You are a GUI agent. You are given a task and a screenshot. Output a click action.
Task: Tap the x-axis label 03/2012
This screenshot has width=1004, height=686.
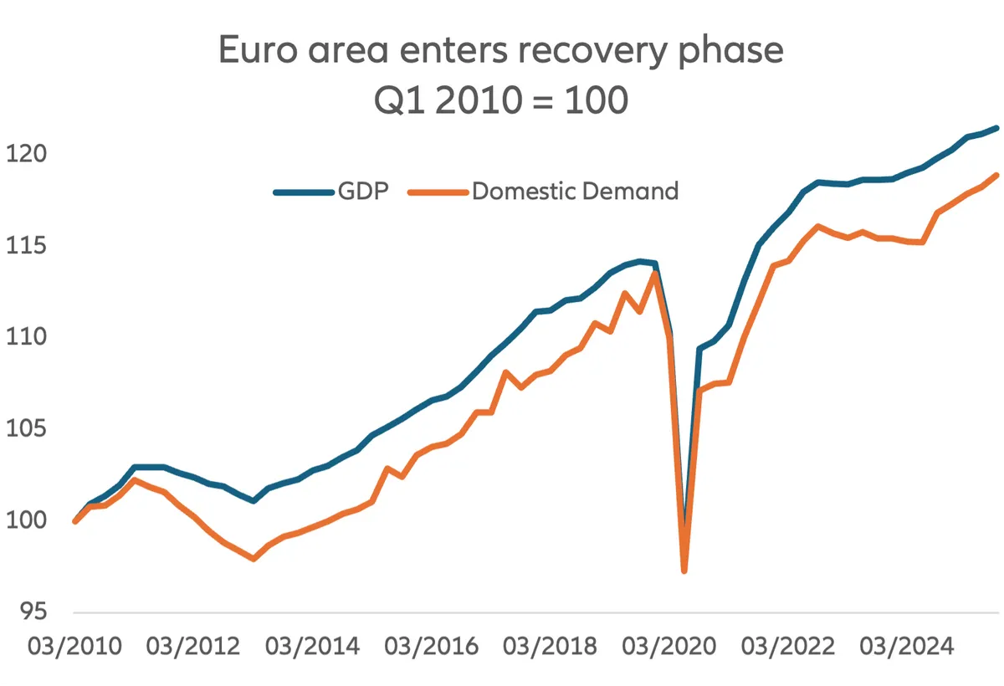(192, 646)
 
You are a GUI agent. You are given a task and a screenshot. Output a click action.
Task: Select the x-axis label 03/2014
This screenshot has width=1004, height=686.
(311, 646)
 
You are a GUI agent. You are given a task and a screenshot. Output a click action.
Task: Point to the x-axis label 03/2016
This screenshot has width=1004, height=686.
(430, 646)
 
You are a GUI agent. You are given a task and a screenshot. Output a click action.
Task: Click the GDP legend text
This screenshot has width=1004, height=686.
(363, 191)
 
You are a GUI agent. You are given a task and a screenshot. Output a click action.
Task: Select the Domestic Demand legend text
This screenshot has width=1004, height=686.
(575, 191)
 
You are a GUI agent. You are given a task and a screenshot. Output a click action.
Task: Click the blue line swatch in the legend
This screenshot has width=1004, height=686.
(303, 192)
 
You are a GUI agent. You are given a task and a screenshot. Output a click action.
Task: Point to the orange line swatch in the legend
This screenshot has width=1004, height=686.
(438, 192)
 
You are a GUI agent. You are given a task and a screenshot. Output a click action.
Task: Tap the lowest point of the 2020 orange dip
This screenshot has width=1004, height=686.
(684, 571)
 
